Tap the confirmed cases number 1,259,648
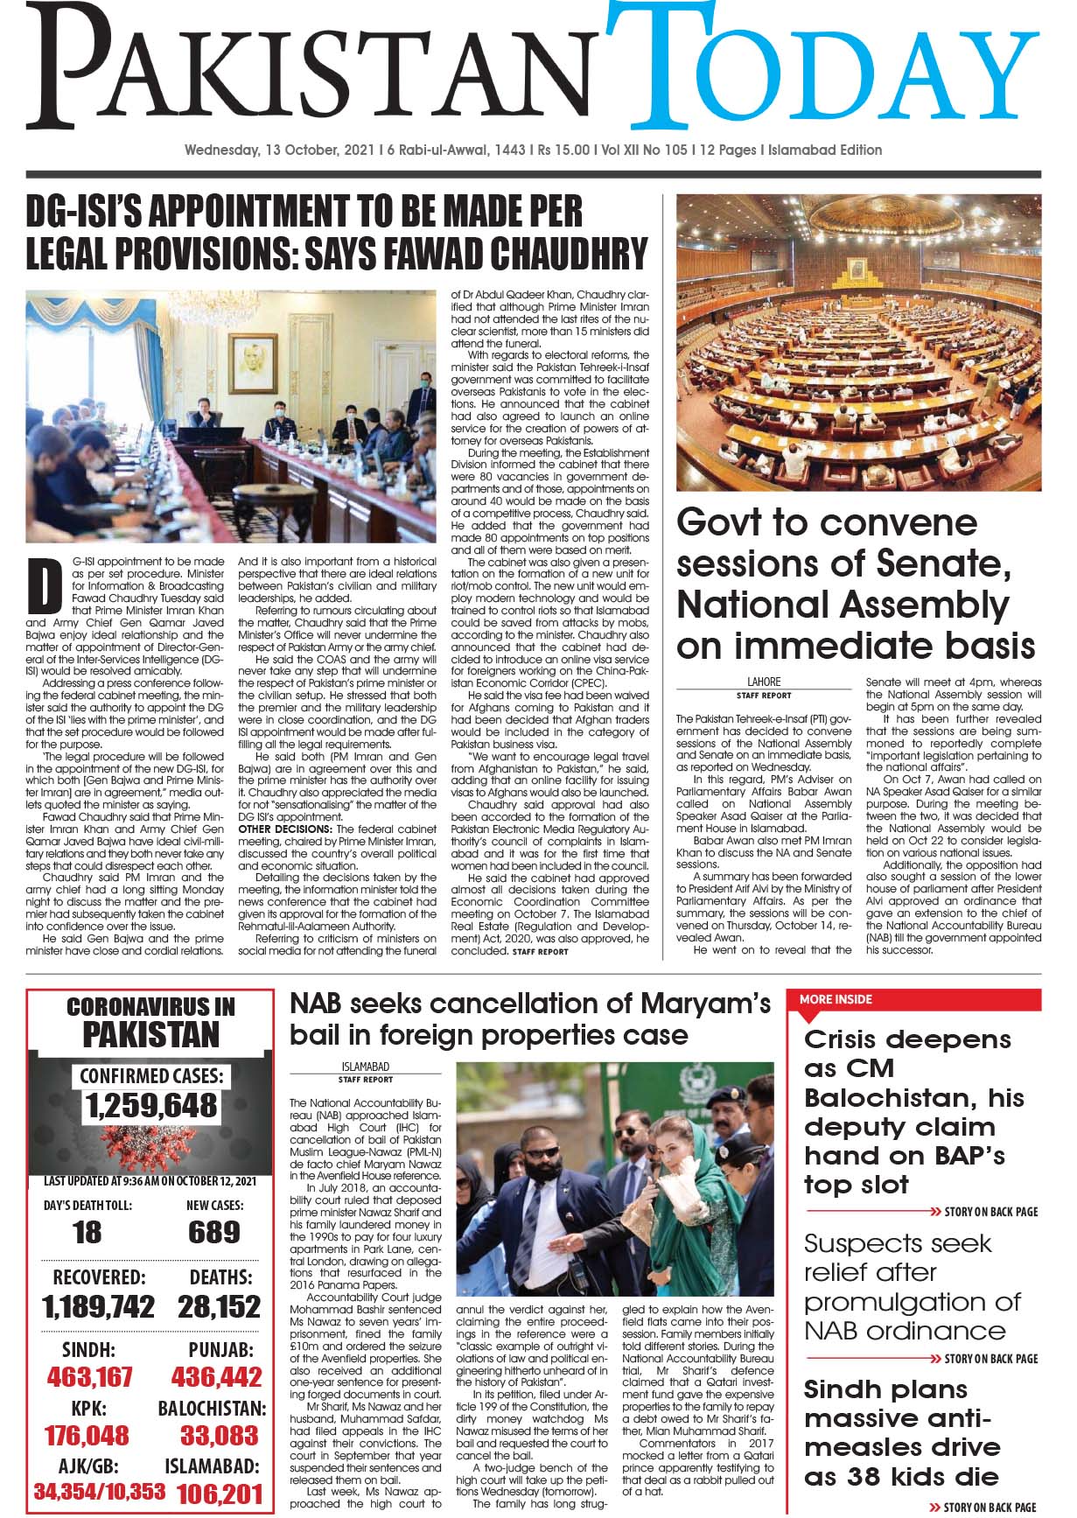pos(151,1106)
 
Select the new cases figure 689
pos(213,1233)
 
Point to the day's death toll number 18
pos(87,1233)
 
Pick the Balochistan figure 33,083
pos(219,1436)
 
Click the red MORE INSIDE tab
pos(836,999)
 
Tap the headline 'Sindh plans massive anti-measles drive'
pos(901,1432)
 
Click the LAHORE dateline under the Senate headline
pos(764,682)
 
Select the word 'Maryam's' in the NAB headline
pos(704,1004)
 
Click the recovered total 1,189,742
pos(98,1307)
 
